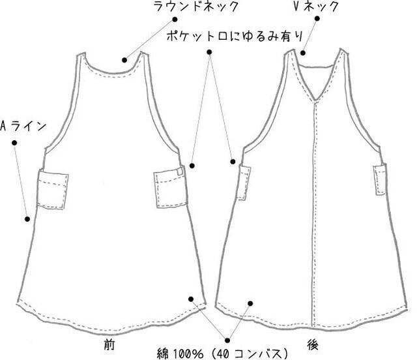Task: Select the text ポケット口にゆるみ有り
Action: tap(222, 36)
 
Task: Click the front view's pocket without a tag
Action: tap(53, 189)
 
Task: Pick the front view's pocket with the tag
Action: tap(169, 189)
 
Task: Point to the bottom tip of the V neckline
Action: tap(315, 104)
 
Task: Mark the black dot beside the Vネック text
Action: tap(317, 19)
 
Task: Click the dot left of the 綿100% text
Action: tap(227, 340)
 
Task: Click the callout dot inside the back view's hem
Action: tap(250, 301)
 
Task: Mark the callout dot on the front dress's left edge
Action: tap(27, 219)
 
